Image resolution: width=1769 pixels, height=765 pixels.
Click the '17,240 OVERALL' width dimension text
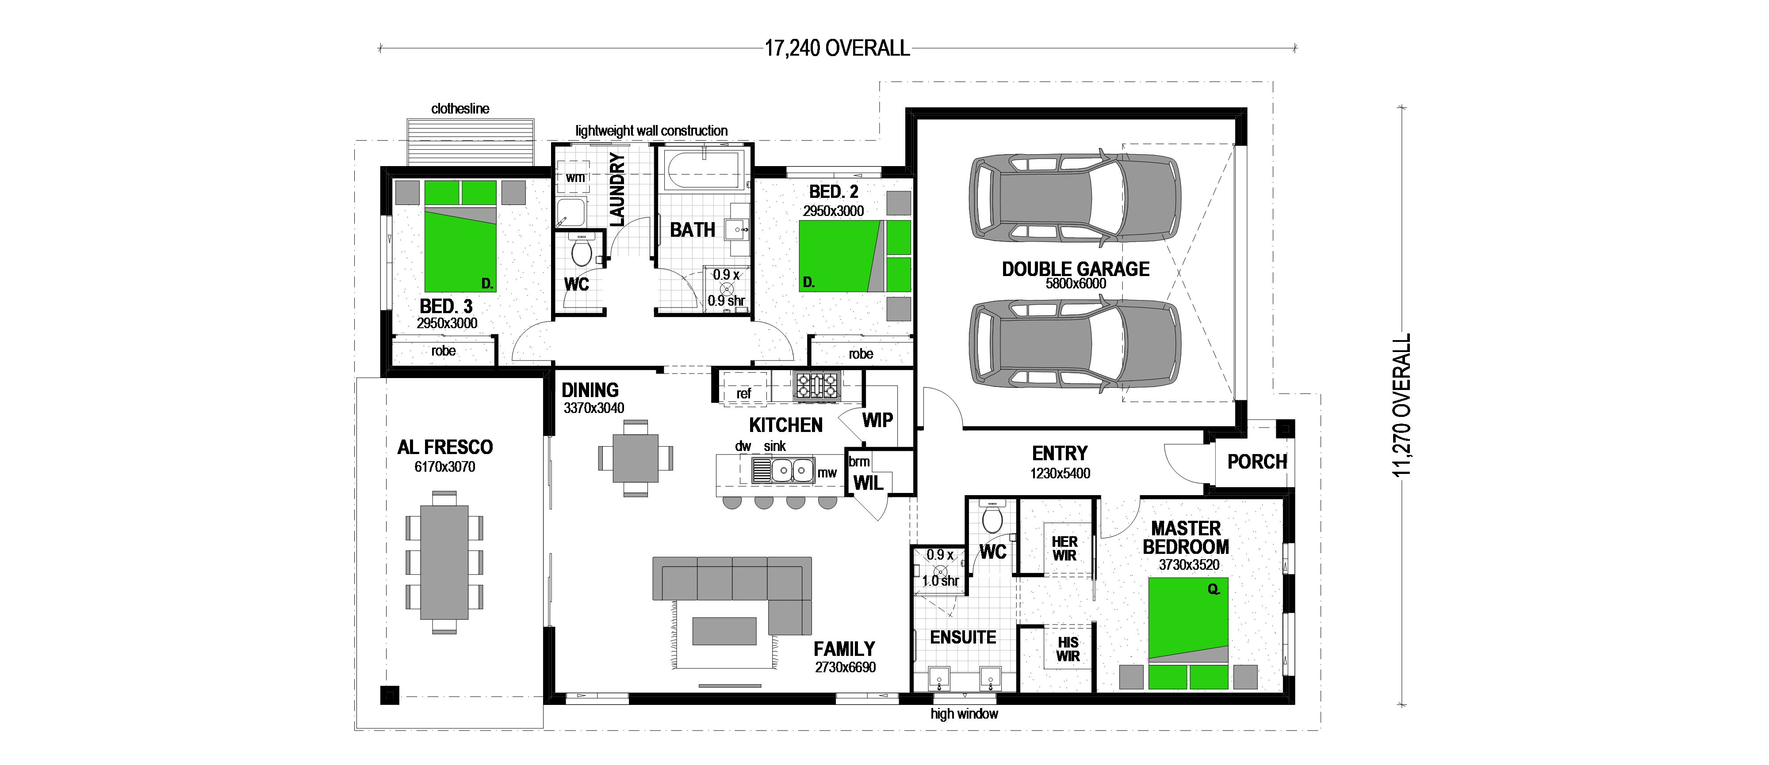tap(837, 48)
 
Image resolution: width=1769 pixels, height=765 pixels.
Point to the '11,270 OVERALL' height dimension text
tap(1401, 405)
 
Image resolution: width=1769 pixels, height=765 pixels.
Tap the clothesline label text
tap(460, 108)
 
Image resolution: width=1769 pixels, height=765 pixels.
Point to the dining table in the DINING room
tap(635, 458)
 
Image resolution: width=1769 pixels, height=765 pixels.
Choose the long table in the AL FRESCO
tap(444, 562)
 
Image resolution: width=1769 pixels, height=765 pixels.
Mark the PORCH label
tap(1257, 462)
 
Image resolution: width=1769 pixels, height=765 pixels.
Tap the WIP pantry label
tap(877, 420)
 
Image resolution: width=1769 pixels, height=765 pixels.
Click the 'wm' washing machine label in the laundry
tap(575, 177)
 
